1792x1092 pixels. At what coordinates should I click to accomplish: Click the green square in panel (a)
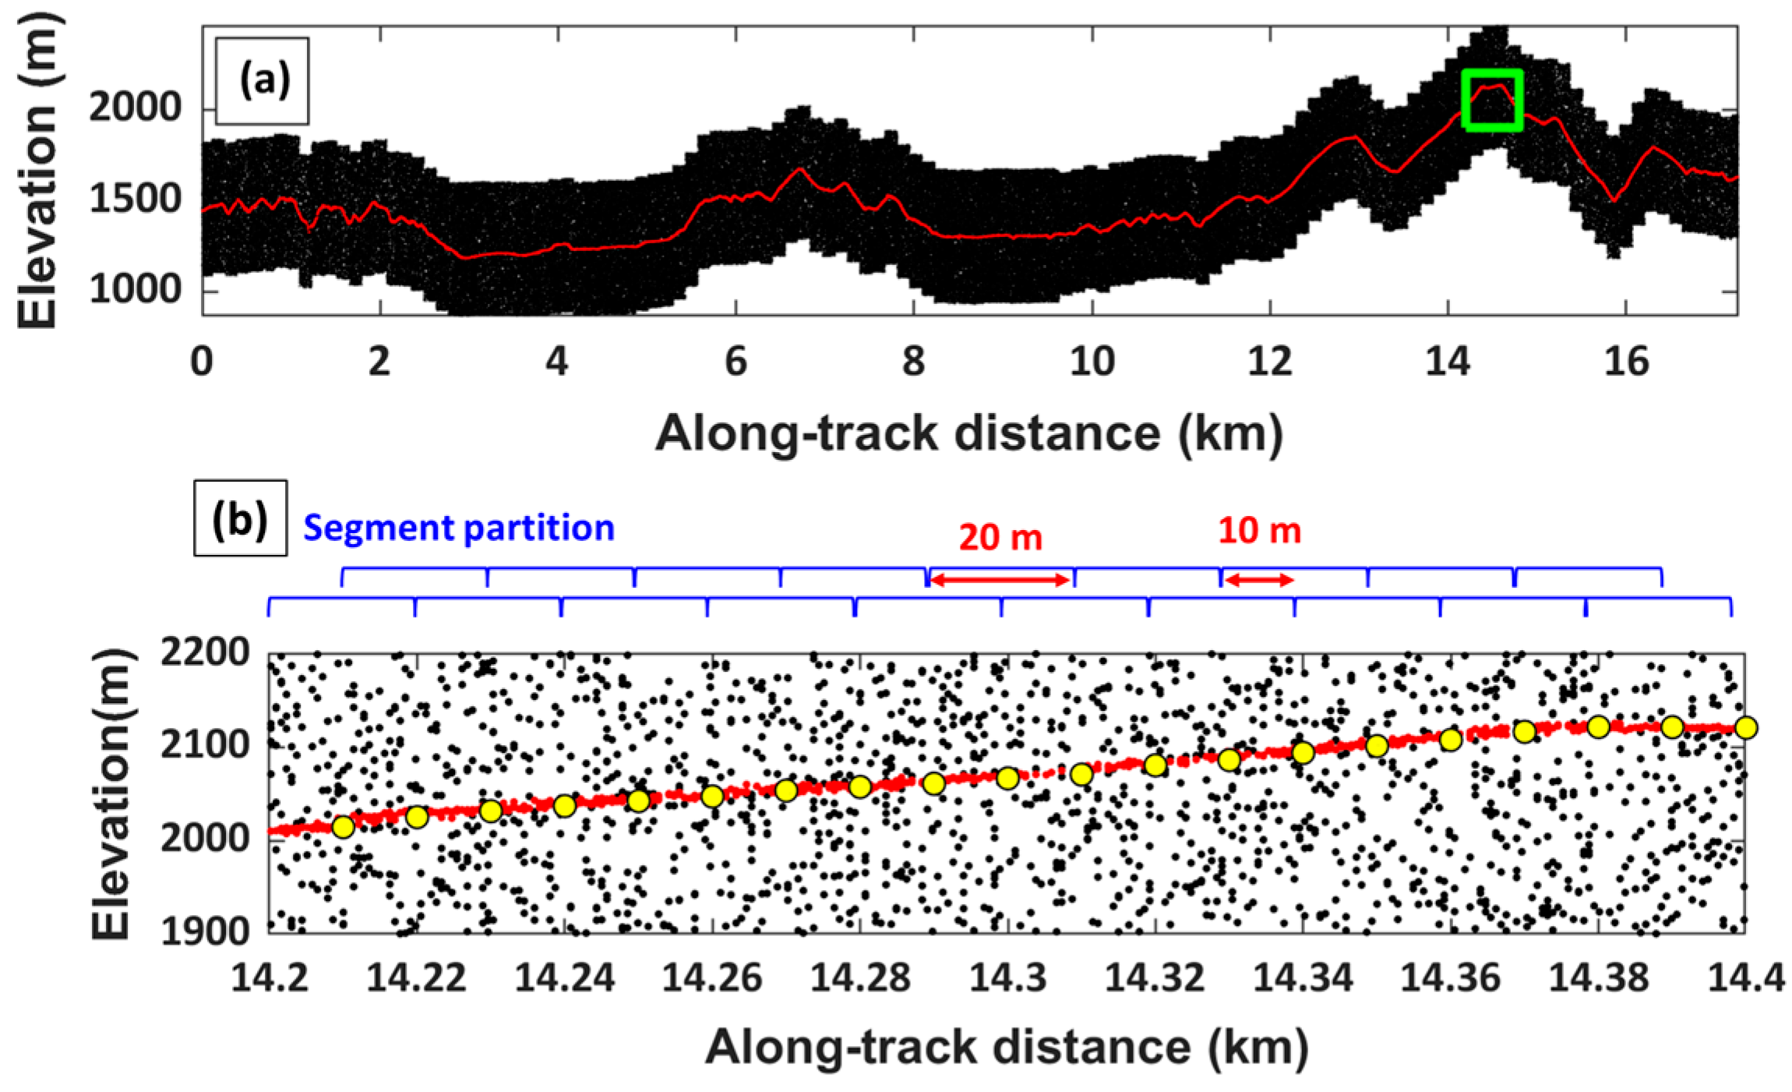(x=1491, y=100)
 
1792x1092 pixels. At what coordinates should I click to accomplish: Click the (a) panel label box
(x=263, y=81)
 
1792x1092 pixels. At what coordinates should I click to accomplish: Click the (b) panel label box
(x=240, y=518)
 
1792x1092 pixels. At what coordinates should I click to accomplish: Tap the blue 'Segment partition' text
(x=459, y=528)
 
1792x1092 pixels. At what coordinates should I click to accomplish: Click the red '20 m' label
(x=1000, y=537)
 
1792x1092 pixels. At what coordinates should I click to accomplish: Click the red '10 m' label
(x=1259, y=531)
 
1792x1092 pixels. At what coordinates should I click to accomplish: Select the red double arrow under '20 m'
(x=1000, y=579)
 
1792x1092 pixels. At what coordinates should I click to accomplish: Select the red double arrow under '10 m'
(x=1258, y=579)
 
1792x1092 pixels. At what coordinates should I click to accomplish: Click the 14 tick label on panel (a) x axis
(x=1447, y=362)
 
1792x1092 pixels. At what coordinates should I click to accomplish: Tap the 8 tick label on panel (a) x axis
(x=913, y=362)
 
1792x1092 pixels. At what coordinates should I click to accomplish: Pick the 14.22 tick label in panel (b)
(x=415, y=977)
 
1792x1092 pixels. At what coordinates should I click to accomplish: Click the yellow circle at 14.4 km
(x=1746, y=727)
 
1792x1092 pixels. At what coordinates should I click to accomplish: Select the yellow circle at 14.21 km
(x=343, y=827)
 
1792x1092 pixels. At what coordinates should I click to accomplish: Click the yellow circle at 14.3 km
(x=1007, y=778)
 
